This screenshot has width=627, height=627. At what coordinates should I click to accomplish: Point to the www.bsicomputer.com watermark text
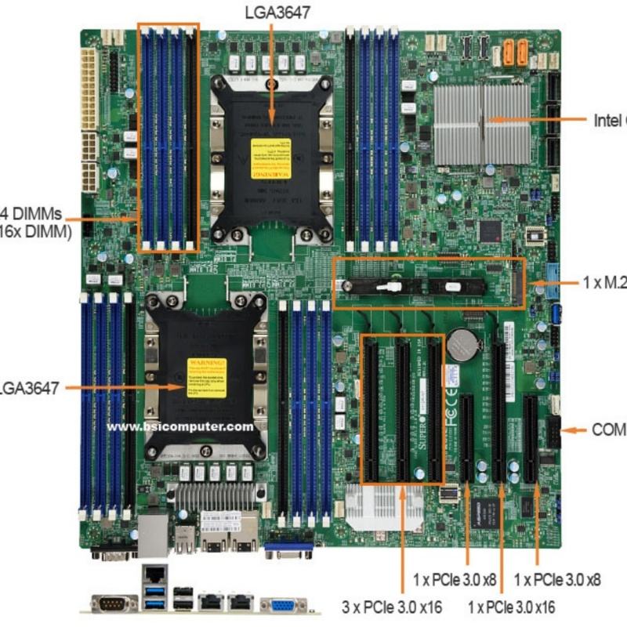click(180, 427)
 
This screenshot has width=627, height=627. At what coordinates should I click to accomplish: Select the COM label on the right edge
click(609, 429)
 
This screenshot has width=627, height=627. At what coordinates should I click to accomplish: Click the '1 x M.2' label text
click(605, 282)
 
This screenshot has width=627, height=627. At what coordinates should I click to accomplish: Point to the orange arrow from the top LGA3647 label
click(271, 71)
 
